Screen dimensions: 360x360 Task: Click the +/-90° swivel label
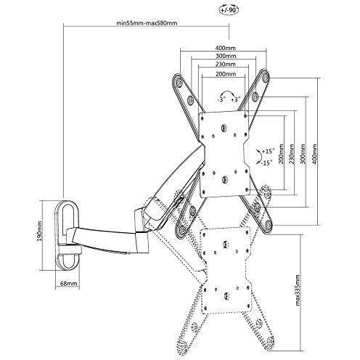(229, 10)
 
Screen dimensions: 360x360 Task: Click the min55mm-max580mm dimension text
(147, 23)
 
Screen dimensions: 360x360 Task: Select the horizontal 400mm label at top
(225, 48)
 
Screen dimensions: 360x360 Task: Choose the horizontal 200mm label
(226, 74)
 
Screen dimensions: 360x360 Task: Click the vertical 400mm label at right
(314, 154)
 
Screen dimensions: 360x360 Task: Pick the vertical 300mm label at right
(303, 154)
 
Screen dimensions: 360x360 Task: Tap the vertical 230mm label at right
(292, 154)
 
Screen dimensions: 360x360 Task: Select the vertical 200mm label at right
(281, 154)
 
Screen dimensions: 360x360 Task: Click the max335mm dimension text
(298, 290)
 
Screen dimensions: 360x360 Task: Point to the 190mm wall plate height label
(39, 231)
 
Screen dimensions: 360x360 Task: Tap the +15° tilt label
(269, 152)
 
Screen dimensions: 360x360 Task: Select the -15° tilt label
(267, 163)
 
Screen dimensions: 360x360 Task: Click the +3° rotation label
(235, 99)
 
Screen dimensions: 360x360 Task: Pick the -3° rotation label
(221, 99)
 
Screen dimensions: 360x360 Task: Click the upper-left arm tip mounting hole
(179, 81)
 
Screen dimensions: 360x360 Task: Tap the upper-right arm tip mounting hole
(266, 77)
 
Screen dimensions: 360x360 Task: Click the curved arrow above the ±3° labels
(228, 91)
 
